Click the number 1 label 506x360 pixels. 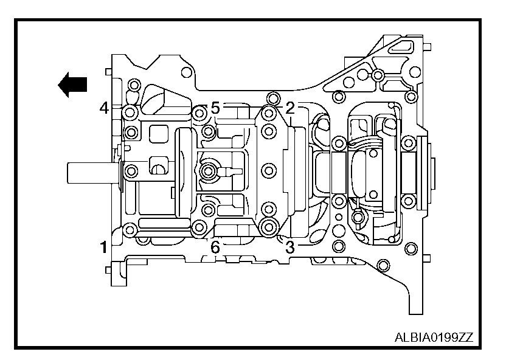[104, 246]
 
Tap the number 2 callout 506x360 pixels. [290, 108]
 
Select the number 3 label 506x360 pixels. [290, 247]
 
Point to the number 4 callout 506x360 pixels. [104, 108]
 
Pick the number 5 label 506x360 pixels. [215, 108]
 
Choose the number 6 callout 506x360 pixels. [215, 247]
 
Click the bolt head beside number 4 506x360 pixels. [129, 112]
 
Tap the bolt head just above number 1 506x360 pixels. [129, 230]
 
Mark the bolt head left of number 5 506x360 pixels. [199, 112]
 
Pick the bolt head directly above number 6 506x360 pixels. [199, 228]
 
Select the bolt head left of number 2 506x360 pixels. [269, 112]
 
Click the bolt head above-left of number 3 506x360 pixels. [269, 227]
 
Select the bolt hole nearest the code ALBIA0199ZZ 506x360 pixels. [382, 265]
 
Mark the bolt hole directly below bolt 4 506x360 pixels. [130, 131]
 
